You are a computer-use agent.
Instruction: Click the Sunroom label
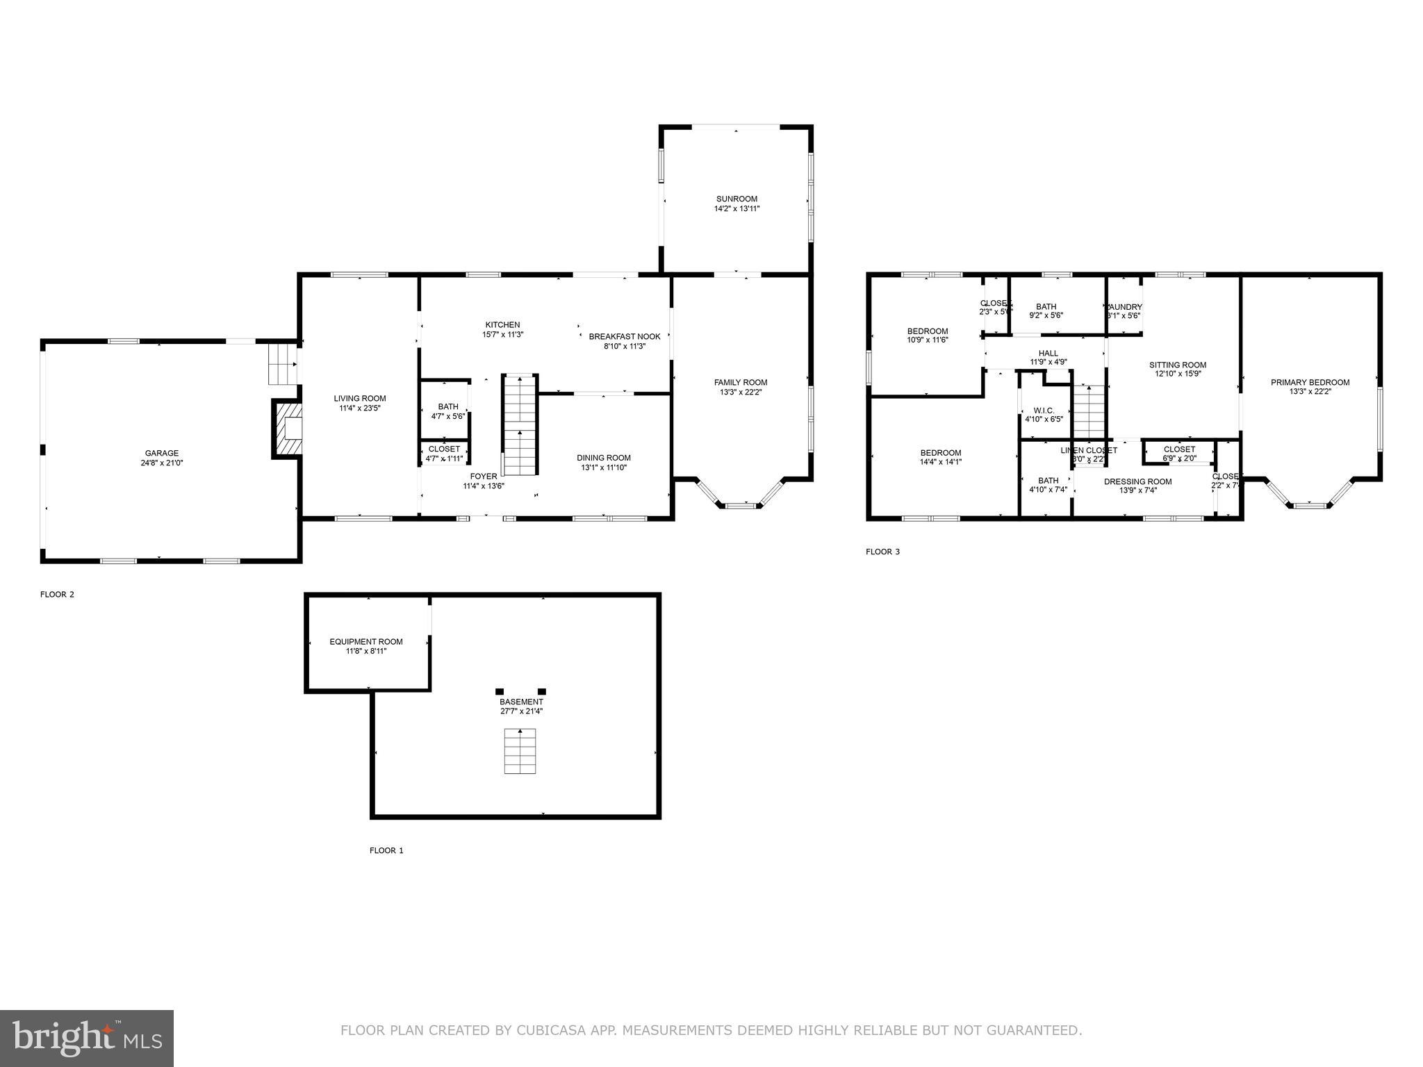pos(737,199)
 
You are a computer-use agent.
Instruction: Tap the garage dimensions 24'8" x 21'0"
pos(161,463)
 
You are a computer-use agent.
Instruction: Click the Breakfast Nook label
pos(624,336)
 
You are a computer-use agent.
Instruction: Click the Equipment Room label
pos(365,641)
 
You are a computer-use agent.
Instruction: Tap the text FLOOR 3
pos(882,552)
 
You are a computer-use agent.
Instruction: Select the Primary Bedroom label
pos(1310,382)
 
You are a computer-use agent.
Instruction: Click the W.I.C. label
pos(1044,411)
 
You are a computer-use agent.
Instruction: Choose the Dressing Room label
pos(1137,481)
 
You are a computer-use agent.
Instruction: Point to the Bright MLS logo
pos(87,1038)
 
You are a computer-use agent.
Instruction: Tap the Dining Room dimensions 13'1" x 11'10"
pos(603,468)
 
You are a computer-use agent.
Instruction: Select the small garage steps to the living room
pos(283,363)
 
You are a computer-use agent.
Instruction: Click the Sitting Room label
pos(1177,365)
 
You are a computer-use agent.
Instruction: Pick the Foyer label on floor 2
pos(484,477)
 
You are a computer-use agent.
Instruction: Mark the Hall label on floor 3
pos(1048,353)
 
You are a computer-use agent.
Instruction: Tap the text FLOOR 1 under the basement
pos(386,850)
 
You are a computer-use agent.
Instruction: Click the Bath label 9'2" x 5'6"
pos(1046,306)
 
